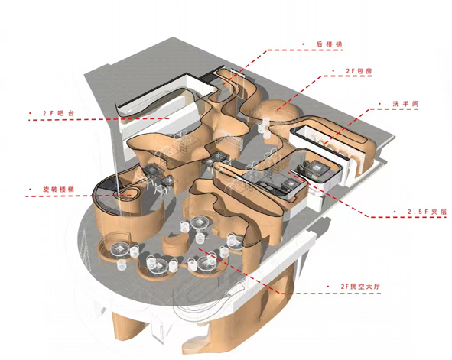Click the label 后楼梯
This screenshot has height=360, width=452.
(329, 44)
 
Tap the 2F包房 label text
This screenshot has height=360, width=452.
(359, 71)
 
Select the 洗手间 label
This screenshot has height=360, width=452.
(405, 104)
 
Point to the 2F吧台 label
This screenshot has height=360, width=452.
(59, 113)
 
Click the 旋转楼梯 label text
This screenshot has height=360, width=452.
(59, 190)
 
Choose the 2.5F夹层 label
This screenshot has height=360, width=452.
(427, 212)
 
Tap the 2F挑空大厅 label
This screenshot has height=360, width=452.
(360, 287)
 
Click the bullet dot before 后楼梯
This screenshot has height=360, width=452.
(304, 44)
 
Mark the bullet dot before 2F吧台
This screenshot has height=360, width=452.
(30, 113)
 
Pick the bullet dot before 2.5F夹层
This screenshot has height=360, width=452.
(395, 212)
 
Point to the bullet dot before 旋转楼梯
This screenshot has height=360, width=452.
(30, 190)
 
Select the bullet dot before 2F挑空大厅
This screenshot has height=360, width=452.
(328, 287)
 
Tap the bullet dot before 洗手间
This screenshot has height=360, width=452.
(379, 104)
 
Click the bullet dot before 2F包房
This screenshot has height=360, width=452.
(333, 71)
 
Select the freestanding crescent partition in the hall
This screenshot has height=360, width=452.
(174, 245)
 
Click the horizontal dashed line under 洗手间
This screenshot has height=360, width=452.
(394, 109)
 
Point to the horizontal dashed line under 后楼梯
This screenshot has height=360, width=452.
(305, 50)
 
